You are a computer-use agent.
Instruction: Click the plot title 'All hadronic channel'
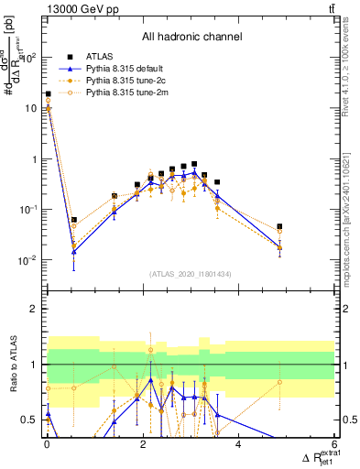[x=191, y=38]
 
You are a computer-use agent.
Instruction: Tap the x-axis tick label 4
[x=238, y=443]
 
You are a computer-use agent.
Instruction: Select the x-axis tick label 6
[x=334, y=443]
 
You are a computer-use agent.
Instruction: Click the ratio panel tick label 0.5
[x=30, y=420]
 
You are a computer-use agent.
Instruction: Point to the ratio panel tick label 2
[x=34, y=309]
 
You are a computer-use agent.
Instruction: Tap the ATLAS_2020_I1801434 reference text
[x=191, y=274]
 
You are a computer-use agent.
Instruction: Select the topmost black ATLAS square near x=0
[x=48, y=93]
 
